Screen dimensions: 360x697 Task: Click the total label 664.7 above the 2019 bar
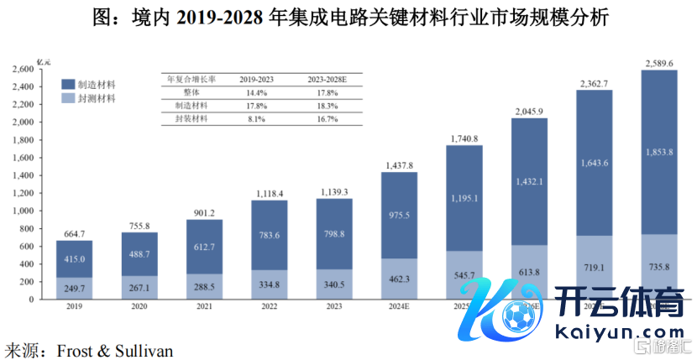coord(75,232)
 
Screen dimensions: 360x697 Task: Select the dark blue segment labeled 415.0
coord(75,259)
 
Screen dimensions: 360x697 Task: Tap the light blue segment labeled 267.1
coord(139,288)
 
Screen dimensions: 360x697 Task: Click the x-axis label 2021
coord(204,307)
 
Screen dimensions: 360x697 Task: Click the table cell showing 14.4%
coord(256,92)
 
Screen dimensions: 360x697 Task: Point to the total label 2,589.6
coord(658,63)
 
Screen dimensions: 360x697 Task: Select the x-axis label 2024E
coord(399,307)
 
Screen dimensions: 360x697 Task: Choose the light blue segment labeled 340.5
coord(334,284)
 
